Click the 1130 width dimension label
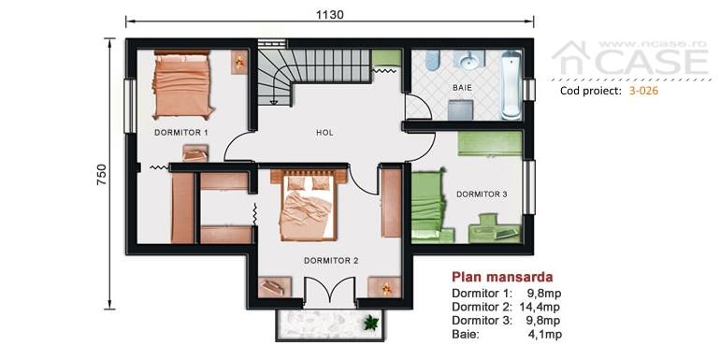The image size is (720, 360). coord(330,14)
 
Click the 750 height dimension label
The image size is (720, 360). coord(101,174)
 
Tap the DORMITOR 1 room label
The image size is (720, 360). coord(180,133)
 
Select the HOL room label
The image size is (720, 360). coord(324,133)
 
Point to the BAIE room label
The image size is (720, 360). coord(462,87)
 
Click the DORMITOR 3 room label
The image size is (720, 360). coord(482,194)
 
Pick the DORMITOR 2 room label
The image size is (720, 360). coord(331,260)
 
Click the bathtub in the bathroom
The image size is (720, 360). coord(511,85)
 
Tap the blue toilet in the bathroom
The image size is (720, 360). coord(433,61)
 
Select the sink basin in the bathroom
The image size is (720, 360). coord(469,59)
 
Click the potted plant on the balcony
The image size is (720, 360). coord(370,323)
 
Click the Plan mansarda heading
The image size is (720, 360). coord(502,277)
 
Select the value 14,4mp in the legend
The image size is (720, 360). coord(540,307)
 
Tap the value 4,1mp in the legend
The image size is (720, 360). coord(545,335)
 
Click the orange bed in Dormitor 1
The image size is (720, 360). coord(182,84)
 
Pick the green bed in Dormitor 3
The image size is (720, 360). coord(428,206)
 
